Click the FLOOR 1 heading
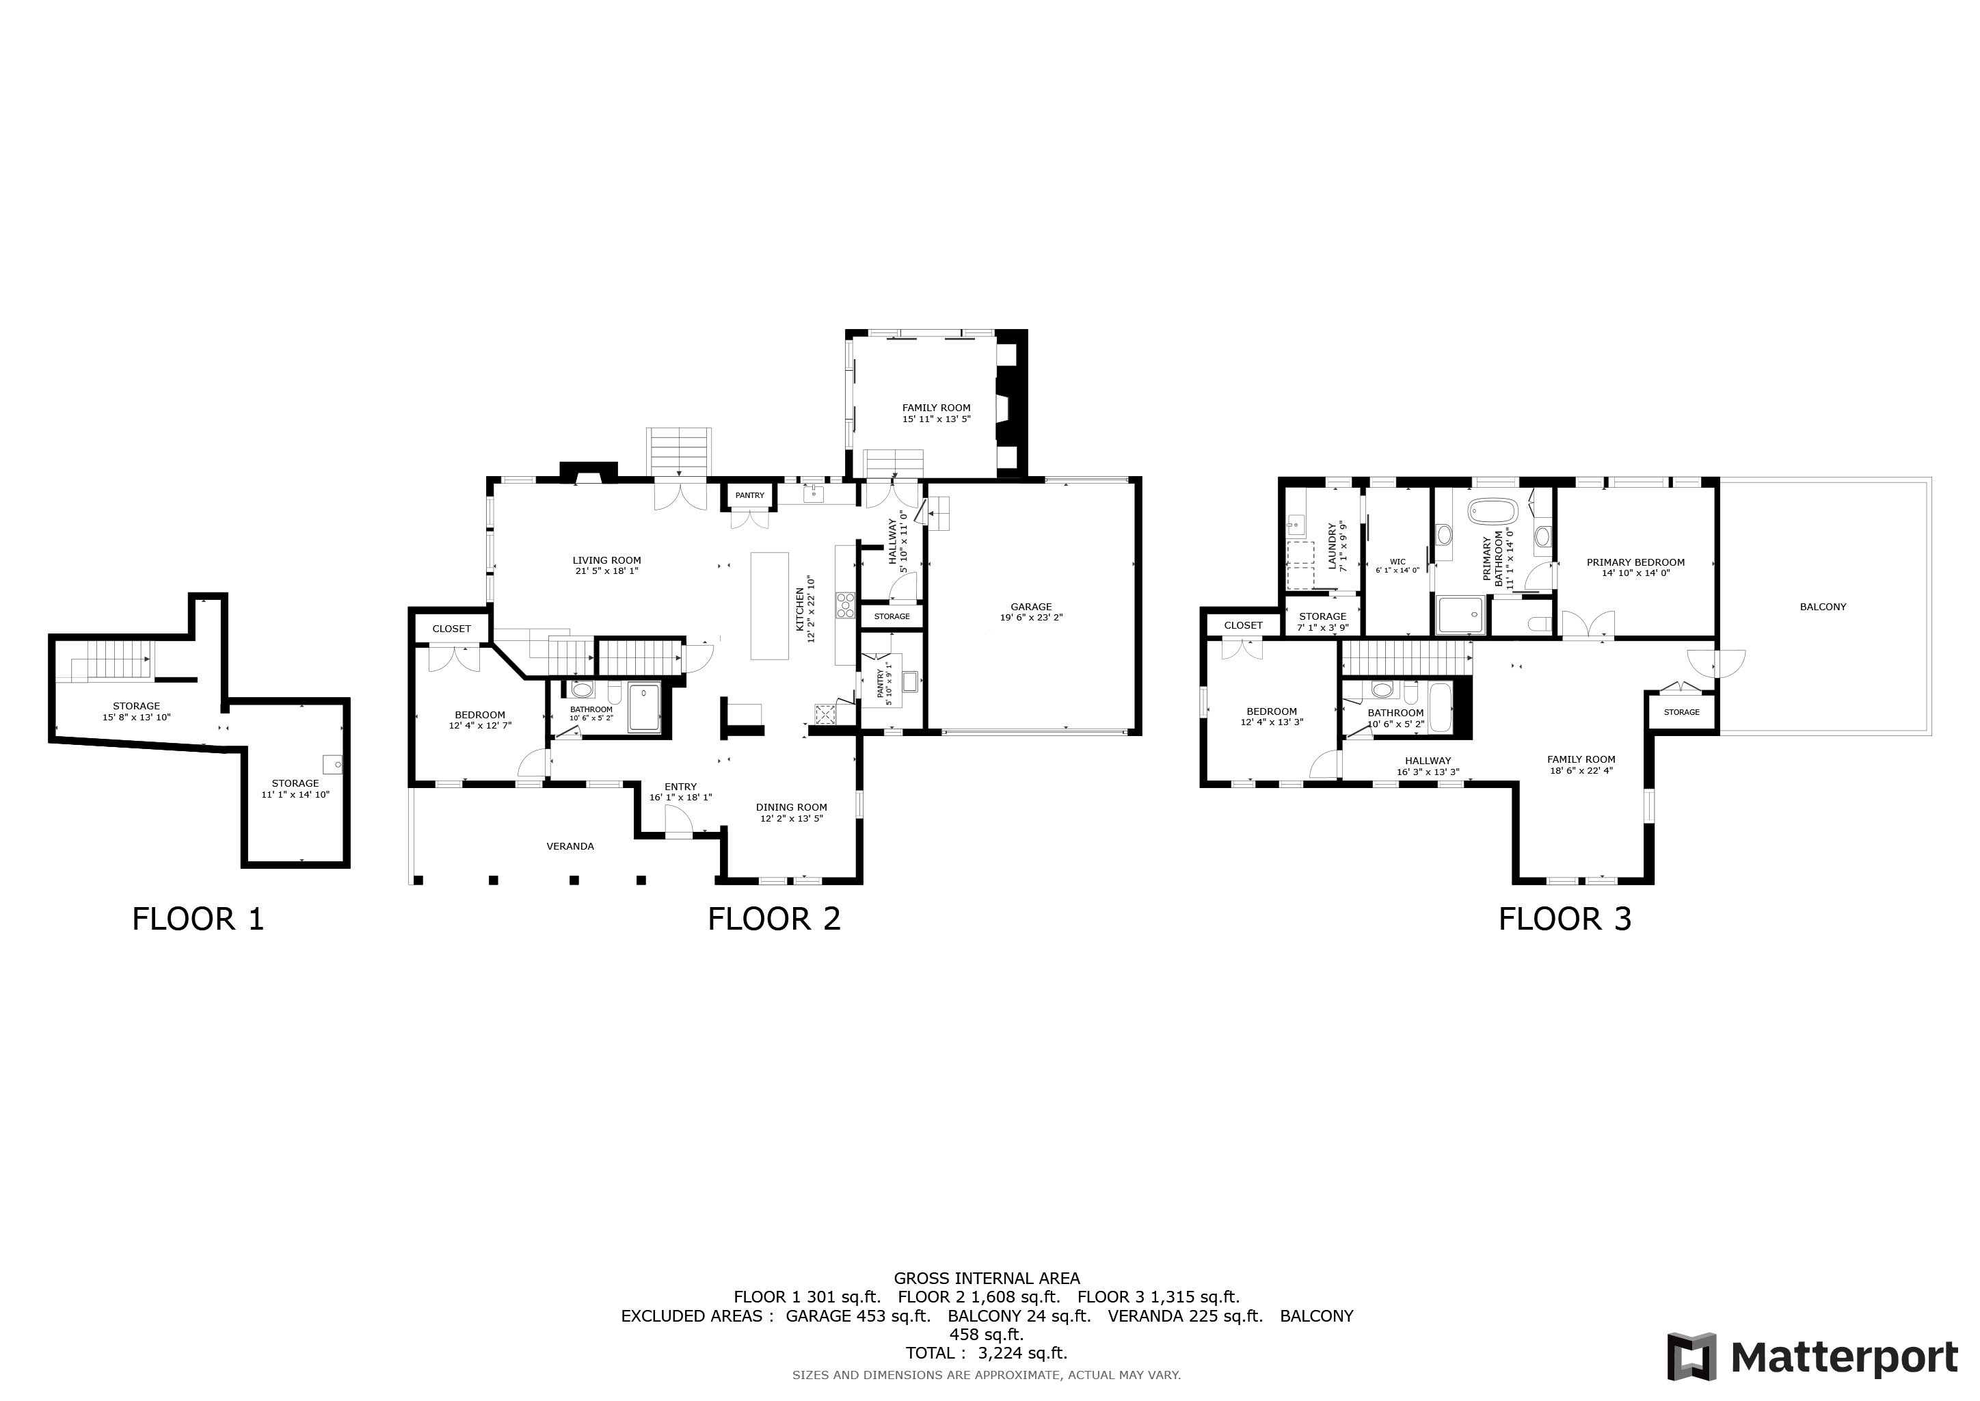[x=198, y=919]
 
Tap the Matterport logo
[x=1812, y=1358]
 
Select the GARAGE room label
[x=1032, y=607]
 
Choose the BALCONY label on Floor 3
[x=1823, y=607]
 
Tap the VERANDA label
[x=570, y=846]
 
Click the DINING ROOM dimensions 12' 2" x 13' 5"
[x=792, y=819]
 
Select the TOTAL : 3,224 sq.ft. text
[x=987, y=1352]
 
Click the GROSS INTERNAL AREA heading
[x=987, y=1279]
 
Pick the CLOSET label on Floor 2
[x=452, y=629]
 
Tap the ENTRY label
[x=680, y=787]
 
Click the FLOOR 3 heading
[x=1565, y=919]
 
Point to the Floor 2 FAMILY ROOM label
[x=937, y=408]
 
